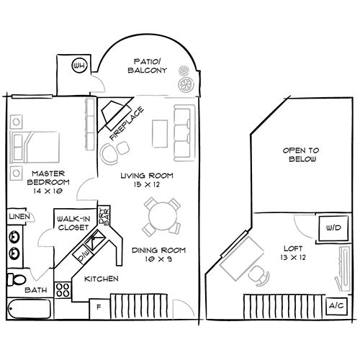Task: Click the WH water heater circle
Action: [78, 68]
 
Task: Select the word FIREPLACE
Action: [126, 122]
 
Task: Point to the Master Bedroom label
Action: [48, 178]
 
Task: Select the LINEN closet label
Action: [19, 217]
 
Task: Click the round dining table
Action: [160, 215]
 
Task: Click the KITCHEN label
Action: [101, 279]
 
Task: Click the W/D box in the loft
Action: [333, 228]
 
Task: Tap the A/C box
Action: [336, 305]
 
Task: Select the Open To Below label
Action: [300, 154]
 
